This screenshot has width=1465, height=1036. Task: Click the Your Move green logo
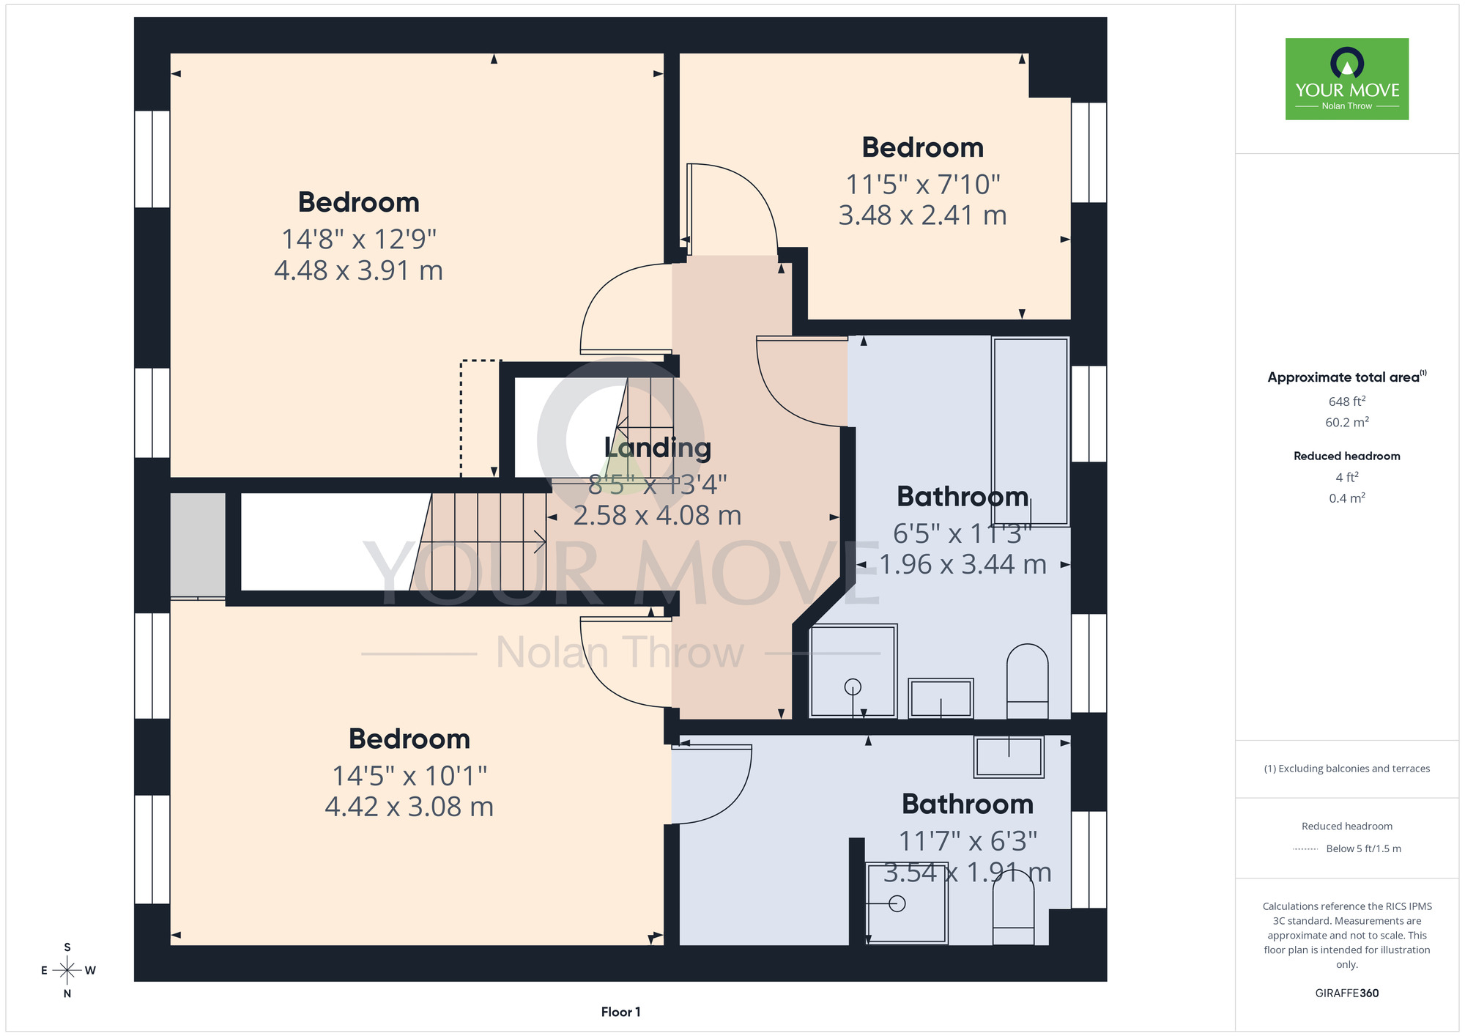[x=1346, y=79]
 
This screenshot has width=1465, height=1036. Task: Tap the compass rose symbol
[x=67, y=971]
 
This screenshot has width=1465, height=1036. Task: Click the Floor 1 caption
[x=620, y=1012]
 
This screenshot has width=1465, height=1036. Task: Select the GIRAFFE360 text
[x=1346, y=994]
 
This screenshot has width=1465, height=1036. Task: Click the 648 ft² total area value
[x=1346, y=402]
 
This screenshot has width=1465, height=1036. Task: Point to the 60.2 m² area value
[x=1346, y=422]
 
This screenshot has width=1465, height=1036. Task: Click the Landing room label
[x=657, y=448]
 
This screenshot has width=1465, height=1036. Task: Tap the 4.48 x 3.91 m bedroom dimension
[x=358, y=270]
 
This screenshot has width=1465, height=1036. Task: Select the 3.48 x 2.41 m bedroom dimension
[x=922, y=215]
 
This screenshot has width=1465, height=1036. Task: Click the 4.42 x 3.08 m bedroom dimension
[x=409, y=807]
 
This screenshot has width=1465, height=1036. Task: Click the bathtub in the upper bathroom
[x=1030, y=431]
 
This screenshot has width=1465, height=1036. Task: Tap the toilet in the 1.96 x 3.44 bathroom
[x=1027, y=681]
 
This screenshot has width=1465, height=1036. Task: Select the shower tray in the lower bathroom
[x=907, y=903]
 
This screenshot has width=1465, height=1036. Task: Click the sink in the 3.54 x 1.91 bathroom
[x=1009, y=757]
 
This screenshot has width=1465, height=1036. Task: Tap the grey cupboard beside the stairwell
[x=198, y=545]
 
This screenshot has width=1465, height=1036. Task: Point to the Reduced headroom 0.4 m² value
[x=1346, y=498]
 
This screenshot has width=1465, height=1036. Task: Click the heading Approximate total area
[x=1346, y=377]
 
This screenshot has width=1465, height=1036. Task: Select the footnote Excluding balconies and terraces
[x=1346, y=769]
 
